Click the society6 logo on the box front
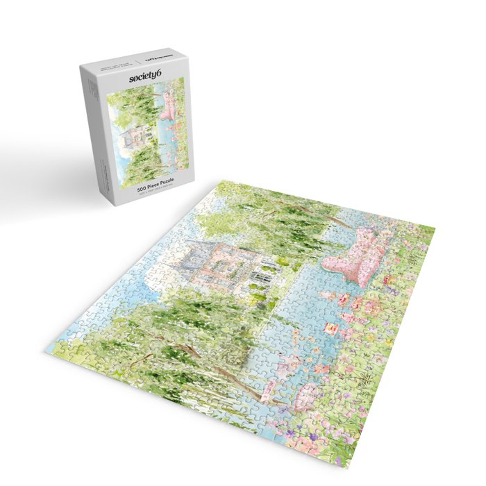(145, 78)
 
